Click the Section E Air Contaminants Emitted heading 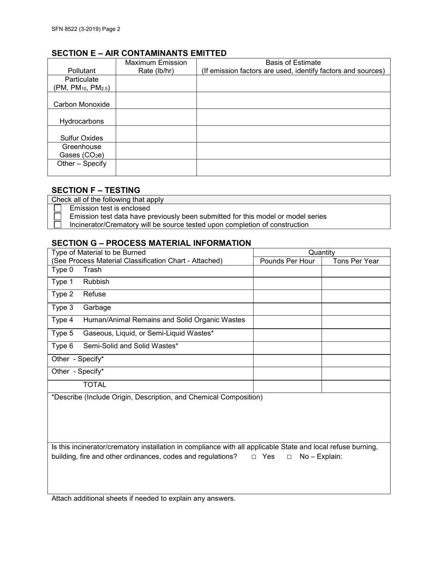[139, 53]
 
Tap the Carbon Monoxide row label [82, 104]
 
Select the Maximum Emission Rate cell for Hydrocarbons [156, 117]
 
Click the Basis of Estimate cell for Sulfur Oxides [293, 134]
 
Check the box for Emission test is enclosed [58, 208]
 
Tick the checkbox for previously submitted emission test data [58, 217]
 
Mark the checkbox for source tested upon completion [58, 225]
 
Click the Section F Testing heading [96, 190]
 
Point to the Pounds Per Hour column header [287, 261]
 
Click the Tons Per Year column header [355, 261]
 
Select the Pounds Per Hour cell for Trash [287, 271]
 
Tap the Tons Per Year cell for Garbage [355, 308]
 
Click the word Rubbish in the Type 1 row [96, 282]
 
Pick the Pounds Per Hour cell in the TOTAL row [287, 386]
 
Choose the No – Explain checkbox [289, 457]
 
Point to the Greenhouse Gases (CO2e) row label [82, 151]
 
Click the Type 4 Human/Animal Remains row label [148, 320]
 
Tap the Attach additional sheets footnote [143, 498]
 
